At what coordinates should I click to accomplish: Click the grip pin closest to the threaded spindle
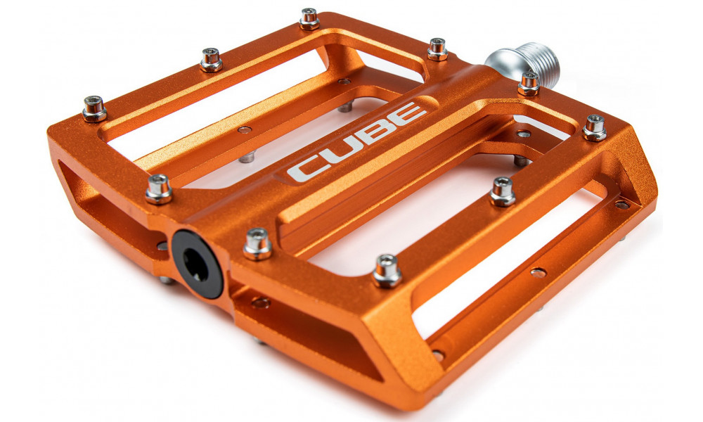[x=529, y=84]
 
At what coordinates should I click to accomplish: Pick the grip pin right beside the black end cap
[x=257, y=243]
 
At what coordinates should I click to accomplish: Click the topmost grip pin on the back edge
[x=309, y=18]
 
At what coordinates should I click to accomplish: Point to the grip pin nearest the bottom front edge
[x=387, y=270]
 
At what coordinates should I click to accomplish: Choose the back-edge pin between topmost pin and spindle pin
[x=437, y=49]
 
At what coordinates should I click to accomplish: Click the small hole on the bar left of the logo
[x=244, y=130]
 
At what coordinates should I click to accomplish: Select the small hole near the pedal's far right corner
[x=621, y=205]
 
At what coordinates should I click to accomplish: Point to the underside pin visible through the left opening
[x=246, y=156]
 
